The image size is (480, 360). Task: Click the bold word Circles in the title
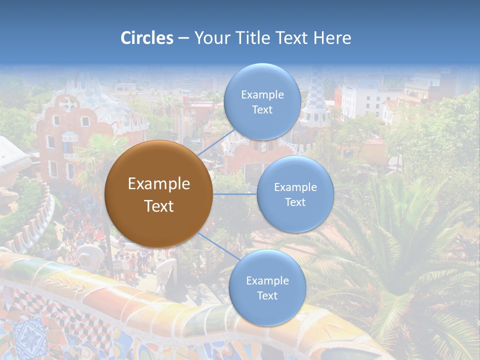146,38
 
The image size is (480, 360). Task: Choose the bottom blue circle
267,310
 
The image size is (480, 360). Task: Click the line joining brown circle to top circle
216,142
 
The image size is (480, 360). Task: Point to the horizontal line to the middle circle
235,194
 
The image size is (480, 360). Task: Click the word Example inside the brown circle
158,184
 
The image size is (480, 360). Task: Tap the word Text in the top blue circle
262,110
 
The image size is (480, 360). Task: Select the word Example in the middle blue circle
295,187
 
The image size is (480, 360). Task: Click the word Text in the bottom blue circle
267,296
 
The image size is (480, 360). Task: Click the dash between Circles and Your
183,38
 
